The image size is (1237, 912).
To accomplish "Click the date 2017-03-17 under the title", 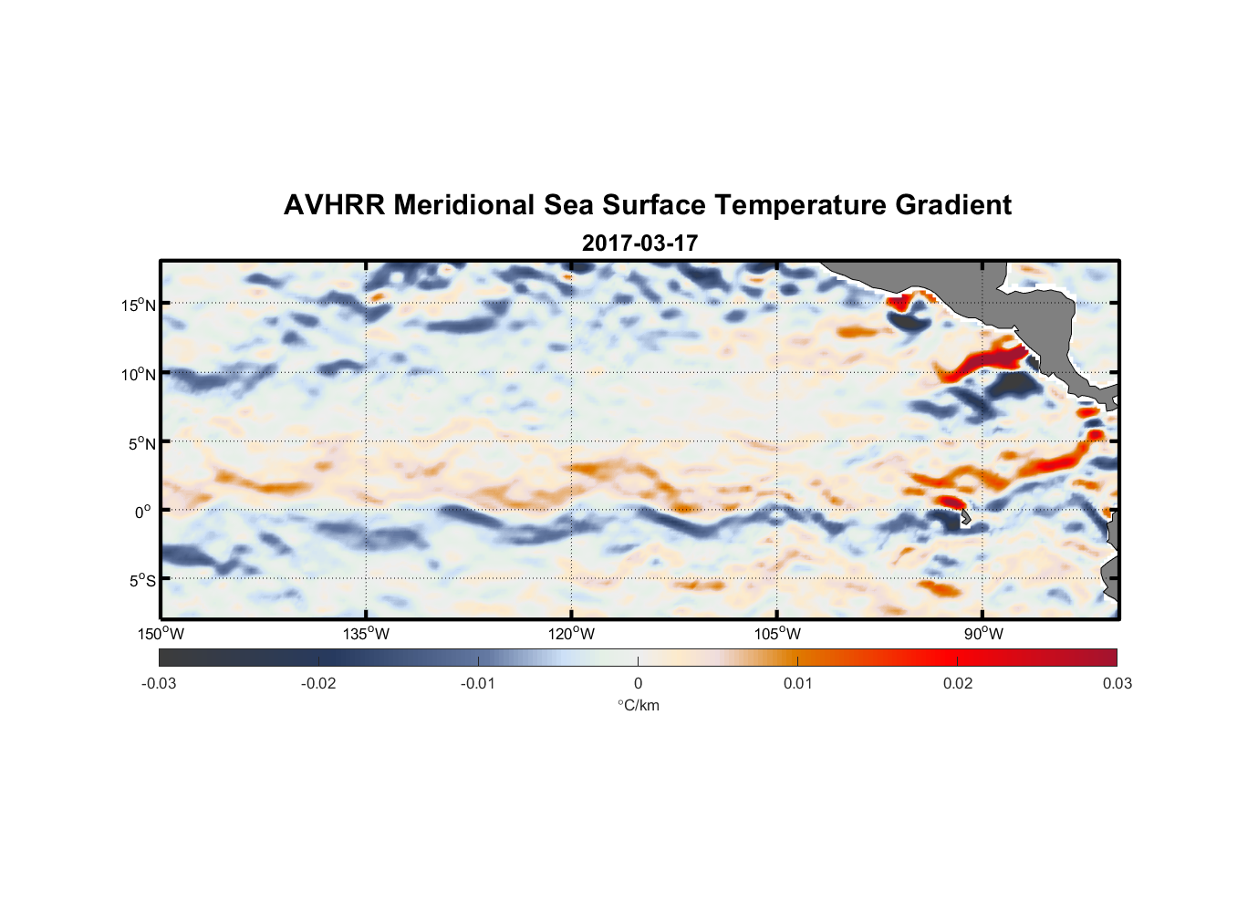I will [x=639, y=244].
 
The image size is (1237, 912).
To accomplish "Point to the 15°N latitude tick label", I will [x=139, y=305].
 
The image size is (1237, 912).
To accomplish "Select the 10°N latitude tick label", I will [x=139, y=374].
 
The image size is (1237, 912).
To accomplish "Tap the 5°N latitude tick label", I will [x=141, y=443].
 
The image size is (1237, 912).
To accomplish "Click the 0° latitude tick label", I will [x=143, y=512].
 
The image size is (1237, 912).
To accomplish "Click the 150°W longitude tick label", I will [x=161, y=634].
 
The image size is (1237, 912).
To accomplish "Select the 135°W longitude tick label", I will [x=366, y=634].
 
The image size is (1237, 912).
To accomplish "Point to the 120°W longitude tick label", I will [x=571, y=634].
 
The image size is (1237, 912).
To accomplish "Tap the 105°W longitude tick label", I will [x=777, y=634].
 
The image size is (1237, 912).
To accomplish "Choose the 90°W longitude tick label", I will [x=983, y=634].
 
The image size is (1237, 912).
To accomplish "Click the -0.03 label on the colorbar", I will [x=159, y=683].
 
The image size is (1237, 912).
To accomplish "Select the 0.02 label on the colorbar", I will [x=958, y=683].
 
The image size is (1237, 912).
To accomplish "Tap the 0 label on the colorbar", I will [x=638, y=683].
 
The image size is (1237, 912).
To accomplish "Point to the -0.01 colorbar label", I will [x=478, y=683].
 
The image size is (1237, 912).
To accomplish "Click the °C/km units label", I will [x=638, y=705].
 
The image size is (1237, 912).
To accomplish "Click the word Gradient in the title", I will [x=953, y=205].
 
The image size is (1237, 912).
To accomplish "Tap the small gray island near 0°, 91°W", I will [x=964, y=518].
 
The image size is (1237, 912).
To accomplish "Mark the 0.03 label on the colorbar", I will [x=1117, y=683].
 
